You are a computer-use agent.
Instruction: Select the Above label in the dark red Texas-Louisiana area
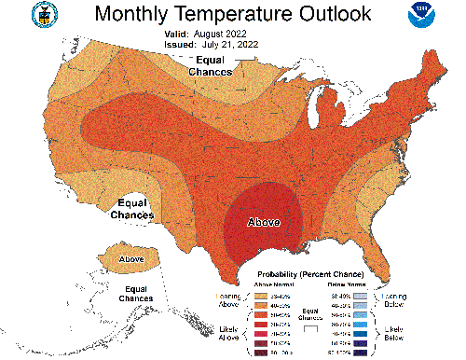[x=263, y=223]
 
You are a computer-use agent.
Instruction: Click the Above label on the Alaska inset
[x=131, y=258]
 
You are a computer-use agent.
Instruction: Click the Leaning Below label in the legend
[x=393, y=298]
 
